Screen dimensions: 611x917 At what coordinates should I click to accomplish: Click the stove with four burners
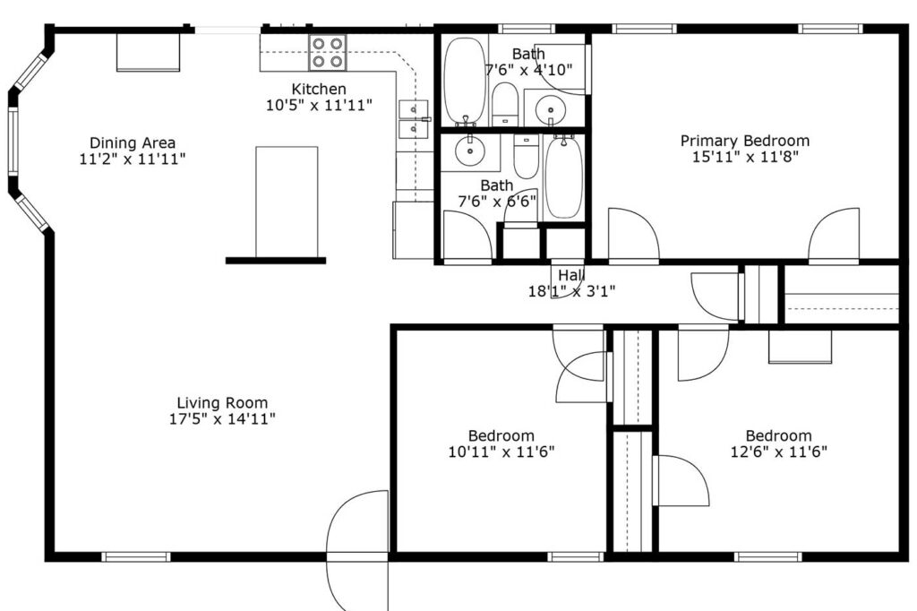(328, 53)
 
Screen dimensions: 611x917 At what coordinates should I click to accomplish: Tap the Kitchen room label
(319, 90)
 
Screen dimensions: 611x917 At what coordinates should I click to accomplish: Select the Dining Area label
(133, 143)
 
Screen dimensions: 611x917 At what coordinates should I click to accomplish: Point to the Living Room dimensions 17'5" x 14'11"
(222, 418)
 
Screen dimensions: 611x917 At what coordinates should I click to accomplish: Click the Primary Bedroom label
(745, 141)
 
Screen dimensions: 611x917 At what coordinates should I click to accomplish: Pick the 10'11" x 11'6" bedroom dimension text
(501, 452)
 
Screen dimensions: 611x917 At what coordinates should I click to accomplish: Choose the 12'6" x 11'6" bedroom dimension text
(778, 452)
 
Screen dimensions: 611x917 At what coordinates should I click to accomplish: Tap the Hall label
(570, 275)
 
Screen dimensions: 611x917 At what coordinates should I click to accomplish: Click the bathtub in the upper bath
(464, 79)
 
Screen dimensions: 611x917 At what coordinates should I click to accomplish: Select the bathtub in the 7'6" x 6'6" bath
(563, 176)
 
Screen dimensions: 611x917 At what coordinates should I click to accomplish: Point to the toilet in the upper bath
(505, 104)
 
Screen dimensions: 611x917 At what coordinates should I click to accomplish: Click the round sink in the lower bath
(469, 151)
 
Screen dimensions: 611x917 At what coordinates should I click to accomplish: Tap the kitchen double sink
(413, 119)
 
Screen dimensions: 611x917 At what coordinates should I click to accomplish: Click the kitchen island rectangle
(287, 202)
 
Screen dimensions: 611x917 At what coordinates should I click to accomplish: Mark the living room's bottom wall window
(135, 556)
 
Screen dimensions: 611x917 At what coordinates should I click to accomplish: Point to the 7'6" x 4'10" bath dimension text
(528, 69)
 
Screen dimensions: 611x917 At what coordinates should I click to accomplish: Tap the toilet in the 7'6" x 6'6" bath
(525, 158)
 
